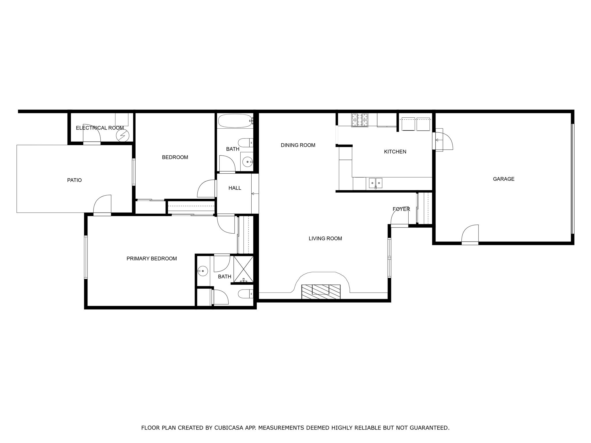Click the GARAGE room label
[504, 179]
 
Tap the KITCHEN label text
[395, 152]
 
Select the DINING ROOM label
[298, 145]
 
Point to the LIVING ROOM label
[325, 239]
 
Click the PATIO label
[74, 180]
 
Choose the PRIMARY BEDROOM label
[152, 259]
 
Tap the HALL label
[235, 188]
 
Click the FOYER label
[401, 209]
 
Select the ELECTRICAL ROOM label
[100, 128]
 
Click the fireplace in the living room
[321, 292]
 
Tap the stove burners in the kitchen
[360, 120]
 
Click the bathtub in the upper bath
[235, 121]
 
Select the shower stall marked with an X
[243, 269]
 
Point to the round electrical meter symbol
[121, 135]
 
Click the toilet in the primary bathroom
[246, 294]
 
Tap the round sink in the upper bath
[247, 162]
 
